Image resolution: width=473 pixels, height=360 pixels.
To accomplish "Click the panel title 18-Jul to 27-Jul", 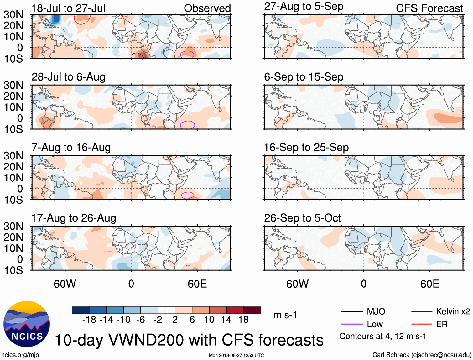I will pyautogui.click(x=68, y=8).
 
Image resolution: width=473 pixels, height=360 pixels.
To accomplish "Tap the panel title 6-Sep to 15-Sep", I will pyautogui.click(x=304, y=77).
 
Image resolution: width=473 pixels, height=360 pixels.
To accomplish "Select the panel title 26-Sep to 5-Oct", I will pyautogui.click(x=302, y=218).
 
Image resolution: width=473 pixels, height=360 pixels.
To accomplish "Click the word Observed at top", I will pyautogui.click(x=207, y=8).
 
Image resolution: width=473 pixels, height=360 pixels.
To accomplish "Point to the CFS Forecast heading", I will pyautogui.click(x=429, y=8).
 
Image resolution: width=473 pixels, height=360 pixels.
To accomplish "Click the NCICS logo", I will pyautogui.click(x=27, y=324).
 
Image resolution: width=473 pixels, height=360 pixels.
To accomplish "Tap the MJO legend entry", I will pyautogui.click(x=376, y=311).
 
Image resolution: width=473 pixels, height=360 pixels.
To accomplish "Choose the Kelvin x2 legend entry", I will pyautogui.click(x=453, y=311).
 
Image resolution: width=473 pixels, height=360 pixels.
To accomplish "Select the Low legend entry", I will pyautogui.click(x=375, y=324).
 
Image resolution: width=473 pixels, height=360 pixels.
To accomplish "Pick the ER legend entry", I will pyautogui.click(x=442, y=324).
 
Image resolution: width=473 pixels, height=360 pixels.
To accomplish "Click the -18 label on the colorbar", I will pyautogui.click(x=89, y=320).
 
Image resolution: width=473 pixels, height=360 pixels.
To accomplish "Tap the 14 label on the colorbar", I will pyautogui.click(x=226, y=320).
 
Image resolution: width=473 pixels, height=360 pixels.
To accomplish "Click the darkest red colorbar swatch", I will pyautogui.click(x=252, y=310).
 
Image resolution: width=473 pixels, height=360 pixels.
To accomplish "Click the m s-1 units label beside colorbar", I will pyautogui.click(x=285, y=315).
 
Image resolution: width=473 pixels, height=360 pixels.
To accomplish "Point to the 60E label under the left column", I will pyautogui.click(x=197, y=284).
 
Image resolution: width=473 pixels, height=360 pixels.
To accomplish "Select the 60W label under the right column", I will pyautogui.click(x=297, y=284).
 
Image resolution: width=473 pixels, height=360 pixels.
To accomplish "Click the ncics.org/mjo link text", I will pyautogui.click(x=20, y=355).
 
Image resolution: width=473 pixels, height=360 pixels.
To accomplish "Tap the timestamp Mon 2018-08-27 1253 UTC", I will pyautogui.click(x=236, y=355).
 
